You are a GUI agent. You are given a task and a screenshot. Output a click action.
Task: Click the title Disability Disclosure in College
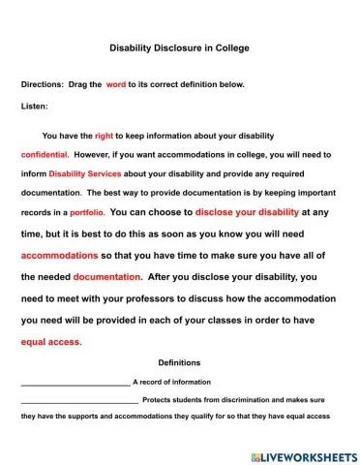pyautogui.click(x=179, y=46)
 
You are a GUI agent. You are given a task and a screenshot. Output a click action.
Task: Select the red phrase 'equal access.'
pyautogui.click(x=51, y=342)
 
